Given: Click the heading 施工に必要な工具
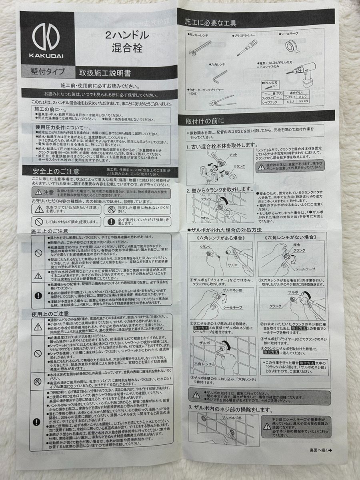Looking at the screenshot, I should pos(211,23).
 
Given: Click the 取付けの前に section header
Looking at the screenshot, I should pos(205,120).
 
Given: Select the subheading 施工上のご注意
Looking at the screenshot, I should pos(50,231).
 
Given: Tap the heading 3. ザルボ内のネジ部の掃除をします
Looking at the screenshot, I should pos(231,410).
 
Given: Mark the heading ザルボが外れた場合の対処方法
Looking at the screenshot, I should pos(224,230).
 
